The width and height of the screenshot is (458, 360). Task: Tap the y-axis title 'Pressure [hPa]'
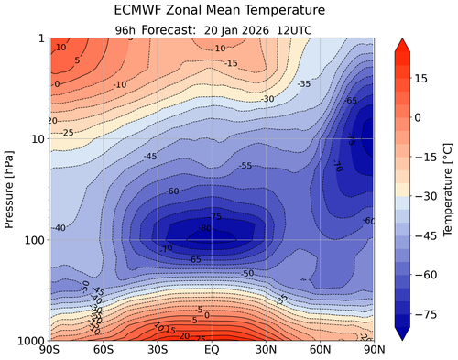tap(10, 189)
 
